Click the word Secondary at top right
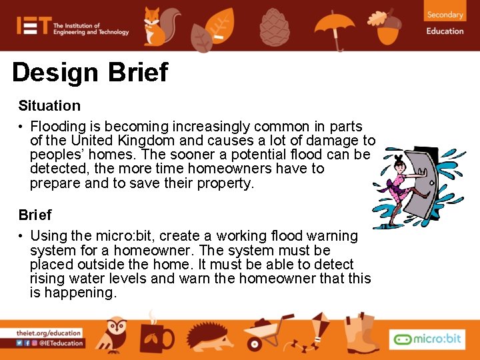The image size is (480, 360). point(445,15)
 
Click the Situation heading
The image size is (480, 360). point(49,105)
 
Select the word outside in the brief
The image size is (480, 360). point(95,264)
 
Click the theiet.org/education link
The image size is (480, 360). point(49,333)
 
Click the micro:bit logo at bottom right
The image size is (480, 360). point(427,339)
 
